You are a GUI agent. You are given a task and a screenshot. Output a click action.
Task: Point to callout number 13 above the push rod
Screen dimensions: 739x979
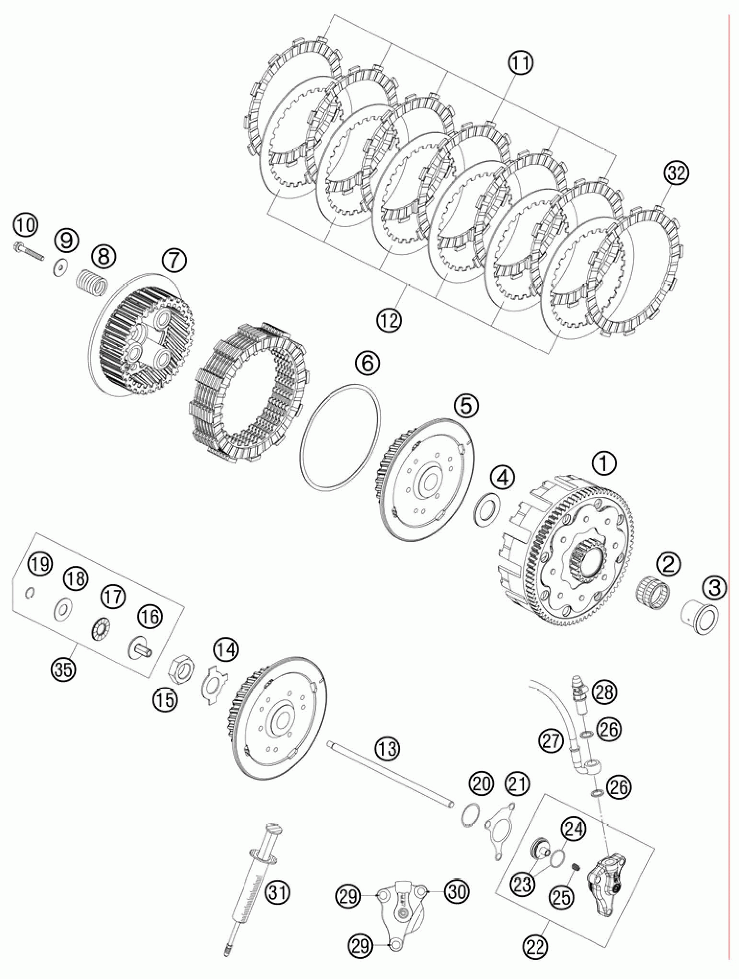[388, 748]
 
